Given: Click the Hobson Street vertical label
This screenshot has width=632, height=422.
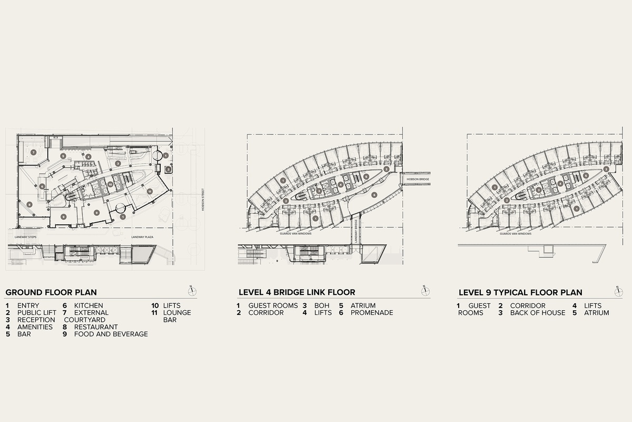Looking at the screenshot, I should pyautogui.click(x=202, y=200).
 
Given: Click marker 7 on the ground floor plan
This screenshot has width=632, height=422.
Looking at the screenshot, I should pyautogui.click(x=33, y=152).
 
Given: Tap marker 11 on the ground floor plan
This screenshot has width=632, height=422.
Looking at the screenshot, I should pyautogui.click(x=150, y=191).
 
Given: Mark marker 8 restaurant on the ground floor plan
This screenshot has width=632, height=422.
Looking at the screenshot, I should pyautogui.click(x=29, y=205).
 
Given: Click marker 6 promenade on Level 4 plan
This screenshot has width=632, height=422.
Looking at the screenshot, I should pyautogui.click(x=374, y=195).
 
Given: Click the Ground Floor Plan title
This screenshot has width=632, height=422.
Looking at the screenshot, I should pyautogui.click(x=51, y=292).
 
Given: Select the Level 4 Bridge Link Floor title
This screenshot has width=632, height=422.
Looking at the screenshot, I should pyautogui.click(x=297, y=292).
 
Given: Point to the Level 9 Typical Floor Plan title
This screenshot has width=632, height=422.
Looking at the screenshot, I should pyautogui.click(x=520, y=292).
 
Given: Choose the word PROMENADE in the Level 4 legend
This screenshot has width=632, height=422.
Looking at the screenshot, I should pyautogui.click(x=371, y=312).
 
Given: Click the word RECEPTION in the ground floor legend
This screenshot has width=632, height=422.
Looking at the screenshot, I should pyautogui.click(x=36, y=320).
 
